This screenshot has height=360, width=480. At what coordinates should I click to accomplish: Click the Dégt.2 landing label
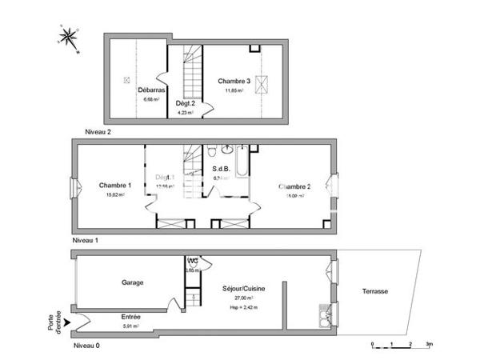(x=186, y=104)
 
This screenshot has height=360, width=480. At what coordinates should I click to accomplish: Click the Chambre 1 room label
(x=115, y=186)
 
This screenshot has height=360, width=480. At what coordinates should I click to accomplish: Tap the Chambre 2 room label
(x=294, y=186)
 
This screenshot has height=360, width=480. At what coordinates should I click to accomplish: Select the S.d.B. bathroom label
(x=222, y=169)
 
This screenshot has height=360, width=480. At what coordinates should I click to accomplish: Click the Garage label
(x=133, y=282)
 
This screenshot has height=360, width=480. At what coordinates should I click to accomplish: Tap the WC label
(x=193, y=262)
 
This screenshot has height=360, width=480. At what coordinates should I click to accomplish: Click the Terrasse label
(x=374, y=291)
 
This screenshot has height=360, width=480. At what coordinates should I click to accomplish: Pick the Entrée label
(x=131, y=317)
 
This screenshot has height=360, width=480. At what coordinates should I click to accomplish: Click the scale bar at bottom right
(x=400, y=343)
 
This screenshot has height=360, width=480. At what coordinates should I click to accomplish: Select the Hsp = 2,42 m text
(x=244, y=306)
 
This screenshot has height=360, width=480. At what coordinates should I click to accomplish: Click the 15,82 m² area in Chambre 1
(x=115, y=194)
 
